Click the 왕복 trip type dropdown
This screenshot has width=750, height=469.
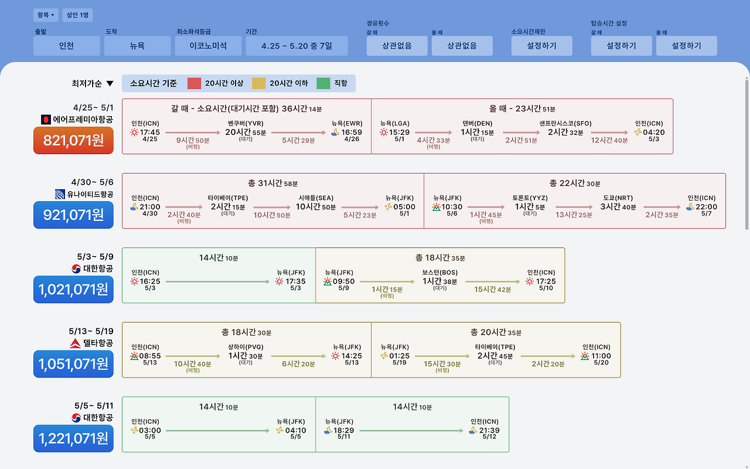point(46,15)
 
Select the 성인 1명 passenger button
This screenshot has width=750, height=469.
point(77,15)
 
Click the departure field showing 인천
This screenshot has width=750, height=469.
point(66,46)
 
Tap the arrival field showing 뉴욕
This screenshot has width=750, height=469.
point(137,46)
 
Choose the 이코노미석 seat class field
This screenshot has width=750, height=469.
point(208,46)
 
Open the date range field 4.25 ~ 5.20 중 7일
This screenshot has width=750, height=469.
point(296,46)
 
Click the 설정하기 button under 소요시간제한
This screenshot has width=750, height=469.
point(541,46)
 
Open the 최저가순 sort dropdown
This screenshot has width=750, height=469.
point(93,83)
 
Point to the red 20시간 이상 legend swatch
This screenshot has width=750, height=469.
point(194,83)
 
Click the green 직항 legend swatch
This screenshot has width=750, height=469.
point(323,83)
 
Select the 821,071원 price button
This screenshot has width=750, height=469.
point(73,140)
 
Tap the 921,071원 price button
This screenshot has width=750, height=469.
point(73,215)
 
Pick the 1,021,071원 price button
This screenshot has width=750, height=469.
point(73,289)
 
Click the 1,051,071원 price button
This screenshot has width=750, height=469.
point(73,364)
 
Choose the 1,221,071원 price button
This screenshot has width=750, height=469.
point(73,438)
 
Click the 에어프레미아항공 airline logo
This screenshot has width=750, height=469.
point(46,120)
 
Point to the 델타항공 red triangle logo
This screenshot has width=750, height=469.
point(75,343)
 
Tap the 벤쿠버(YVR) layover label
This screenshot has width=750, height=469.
point(246,123)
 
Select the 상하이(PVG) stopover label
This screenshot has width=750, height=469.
point(246,347)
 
